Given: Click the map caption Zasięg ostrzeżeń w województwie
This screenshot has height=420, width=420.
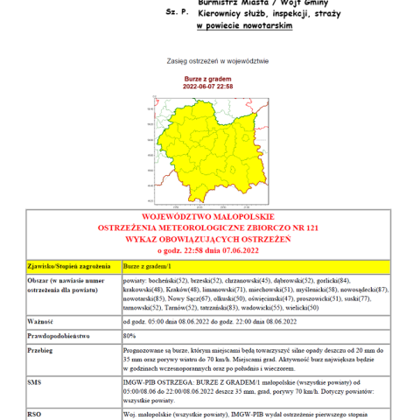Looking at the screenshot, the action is coord(209,62).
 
